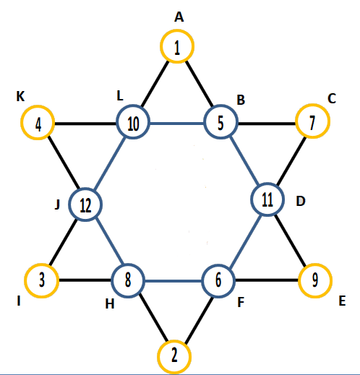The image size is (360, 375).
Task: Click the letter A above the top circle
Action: [x=179, y=17]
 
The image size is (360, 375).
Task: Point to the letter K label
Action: [x=20, y=96]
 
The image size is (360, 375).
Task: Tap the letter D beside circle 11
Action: [x=301, y=201]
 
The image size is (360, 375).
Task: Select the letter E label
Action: [x=342, y=301]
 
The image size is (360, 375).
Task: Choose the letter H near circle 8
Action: [x=110, y=304]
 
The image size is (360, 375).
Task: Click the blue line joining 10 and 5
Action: [x=177, y=124]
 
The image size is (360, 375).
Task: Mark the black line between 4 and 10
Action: [x=85, y=124]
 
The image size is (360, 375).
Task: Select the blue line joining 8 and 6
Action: [x=173, y=281]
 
